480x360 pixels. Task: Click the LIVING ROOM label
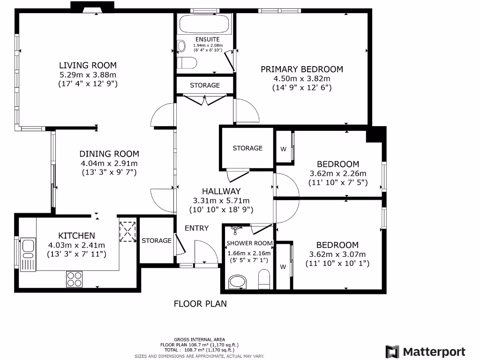pos(88,65)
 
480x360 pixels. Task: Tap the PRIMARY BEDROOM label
pos(302,69)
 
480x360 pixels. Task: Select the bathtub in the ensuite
pos(204,24)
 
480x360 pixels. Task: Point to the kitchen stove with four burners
pos(74,278)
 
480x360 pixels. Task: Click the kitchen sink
pos(27,247)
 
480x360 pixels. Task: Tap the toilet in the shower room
pos(264,279)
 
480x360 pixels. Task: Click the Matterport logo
pos(426,352)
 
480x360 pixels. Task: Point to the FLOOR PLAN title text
pos(200,304)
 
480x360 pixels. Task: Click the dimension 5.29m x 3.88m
pos(88,75)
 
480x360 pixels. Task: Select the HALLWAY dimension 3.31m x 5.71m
pos(221,201)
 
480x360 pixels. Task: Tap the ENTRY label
pos(196,228)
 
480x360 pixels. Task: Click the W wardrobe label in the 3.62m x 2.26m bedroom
pos(283,149)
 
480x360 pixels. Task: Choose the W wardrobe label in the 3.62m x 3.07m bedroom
pos(283,267)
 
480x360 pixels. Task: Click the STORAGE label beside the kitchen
pos(157,240)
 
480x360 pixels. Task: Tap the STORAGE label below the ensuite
pos(204,85)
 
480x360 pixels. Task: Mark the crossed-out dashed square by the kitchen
pos(127,231)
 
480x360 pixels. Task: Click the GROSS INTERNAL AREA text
pos(199,339)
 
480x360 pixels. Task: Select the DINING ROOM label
pos(109,154)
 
